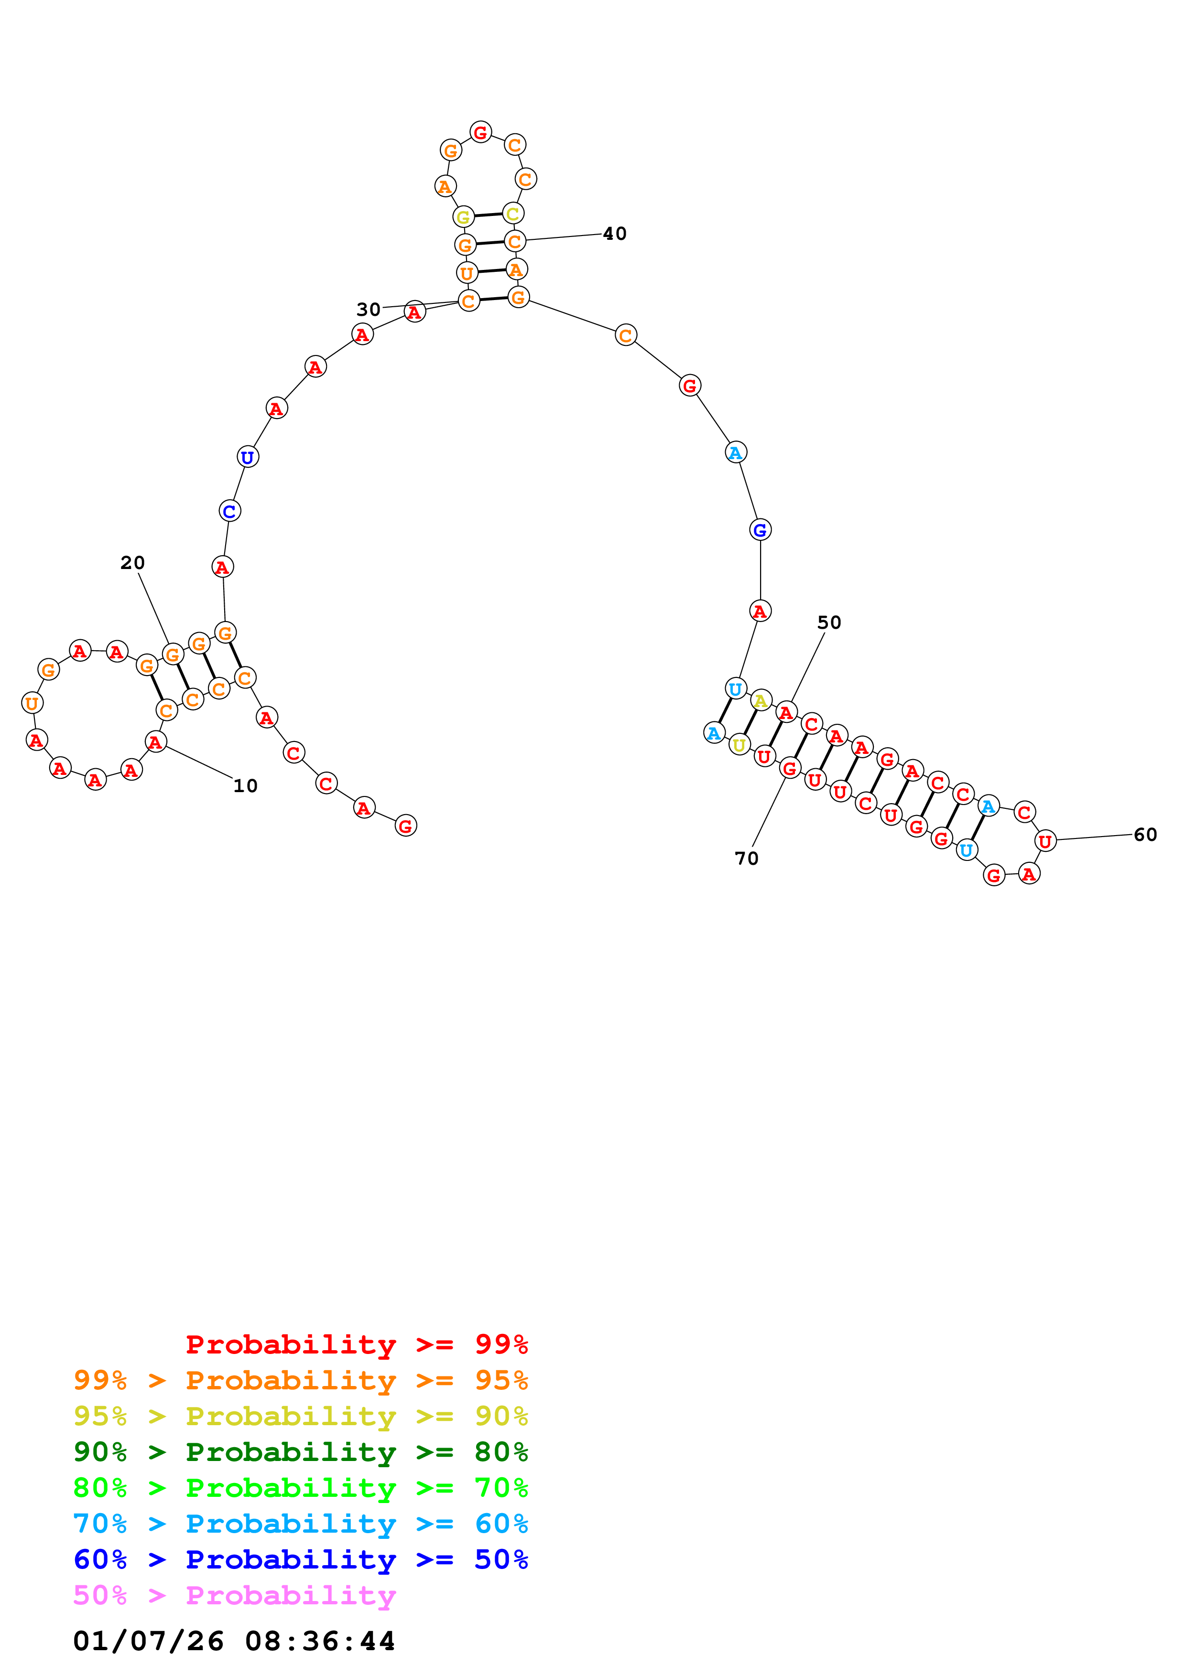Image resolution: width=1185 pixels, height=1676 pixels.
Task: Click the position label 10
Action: point(245,786)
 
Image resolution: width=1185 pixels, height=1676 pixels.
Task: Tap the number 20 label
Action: point(133,563)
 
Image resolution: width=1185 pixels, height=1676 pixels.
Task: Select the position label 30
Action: point(369,310)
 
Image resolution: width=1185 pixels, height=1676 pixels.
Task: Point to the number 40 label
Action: point(615,234)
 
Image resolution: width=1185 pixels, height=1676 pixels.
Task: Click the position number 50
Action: point(829,623)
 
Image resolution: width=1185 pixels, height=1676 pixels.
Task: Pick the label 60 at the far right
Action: point(1145,834)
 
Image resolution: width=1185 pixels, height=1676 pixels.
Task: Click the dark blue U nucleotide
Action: point(248,457)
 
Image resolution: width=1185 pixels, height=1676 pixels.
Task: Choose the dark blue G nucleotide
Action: point(760,530)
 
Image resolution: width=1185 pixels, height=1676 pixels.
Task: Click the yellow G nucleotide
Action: point(463,217)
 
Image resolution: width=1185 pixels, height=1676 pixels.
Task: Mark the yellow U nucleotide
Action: point(739,744)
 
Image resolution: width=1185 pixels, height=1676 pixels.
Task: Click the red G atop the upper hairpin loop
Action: point(480,132)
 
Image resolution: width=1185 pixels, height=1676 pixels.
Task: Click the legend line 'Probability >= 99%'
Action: point(356,1344)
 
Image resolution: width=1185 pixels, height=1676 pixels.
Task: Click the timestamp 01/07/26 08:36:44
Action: point(234,1641)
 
